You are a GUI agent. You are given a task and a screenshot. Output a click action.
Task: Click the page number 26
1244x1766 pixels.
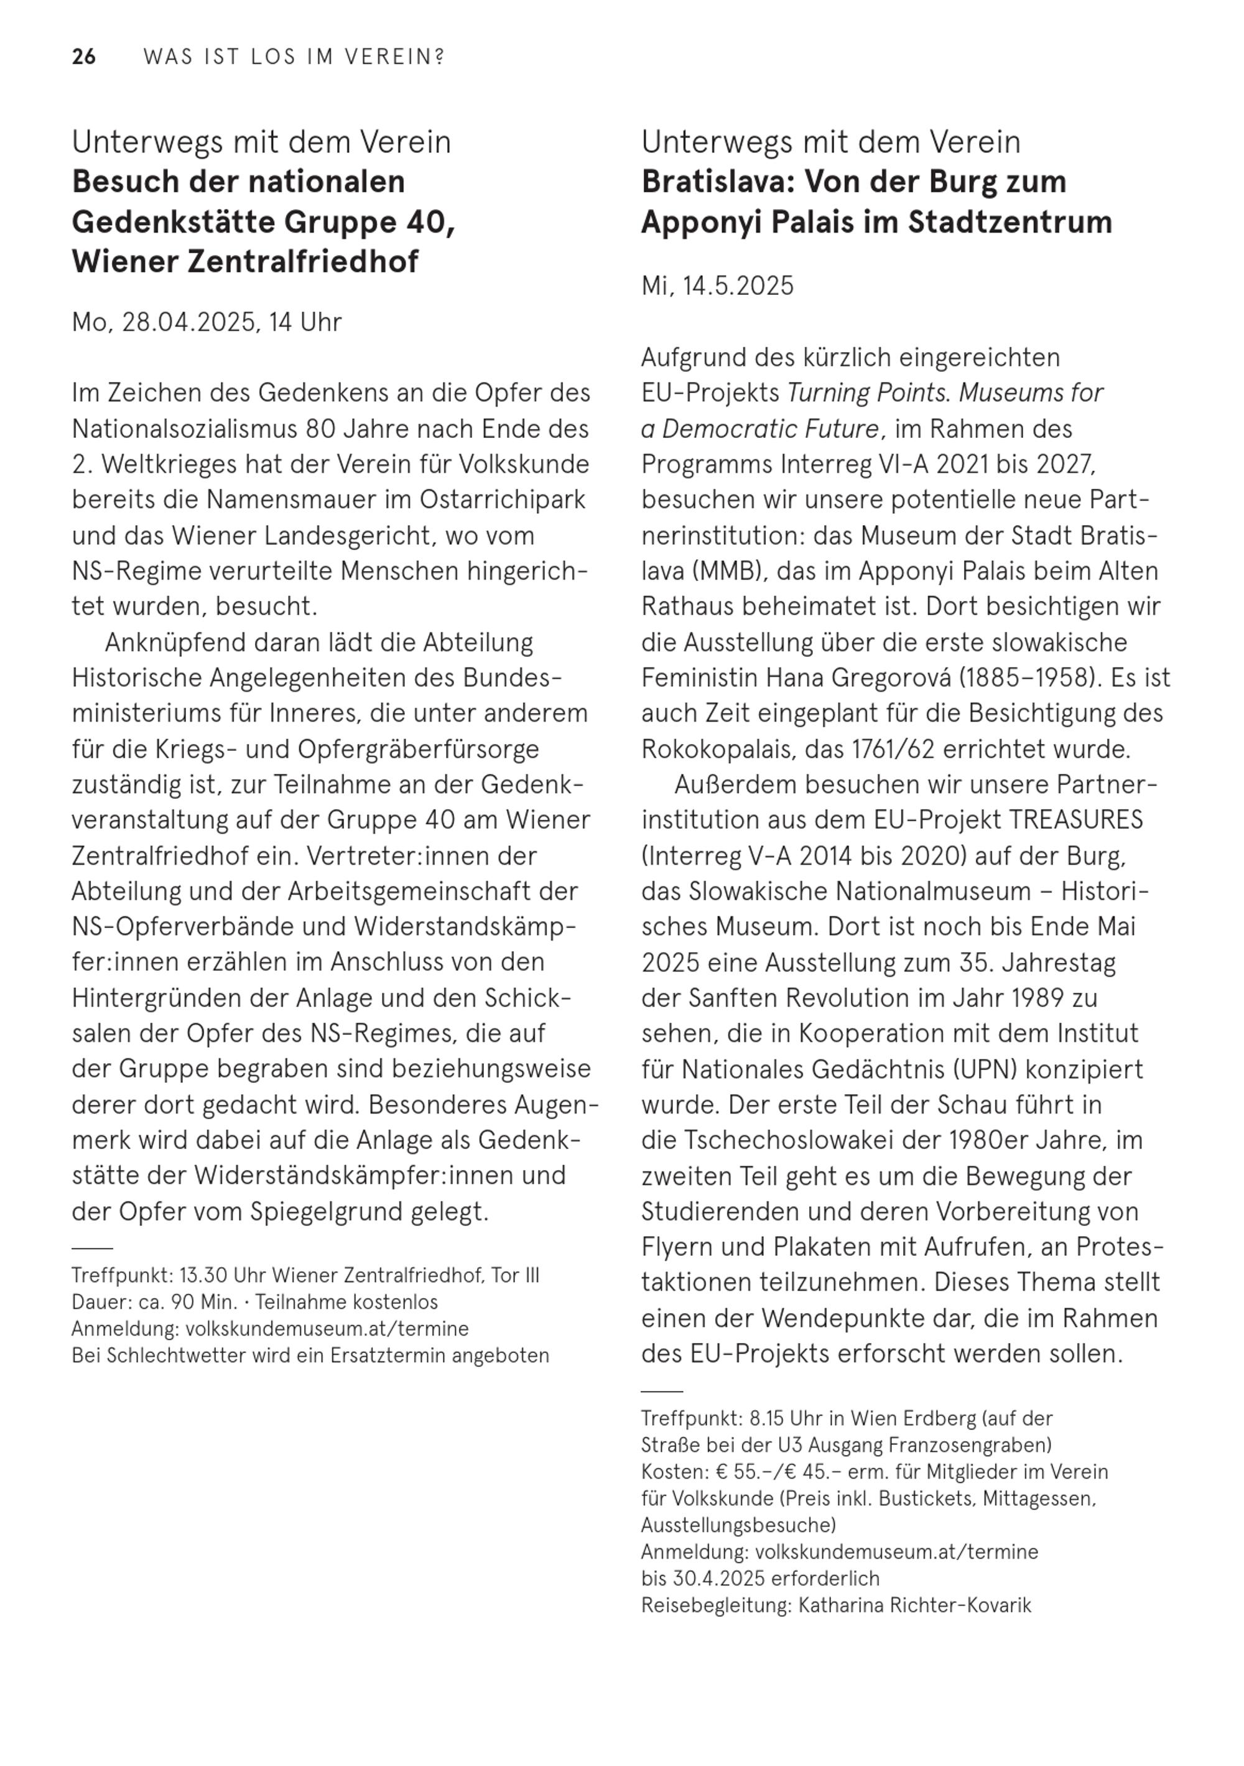click(84, 57)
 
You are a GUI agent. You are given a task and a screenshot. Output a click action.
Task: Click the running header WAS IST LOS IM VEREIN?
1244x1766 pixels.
click(294, 57)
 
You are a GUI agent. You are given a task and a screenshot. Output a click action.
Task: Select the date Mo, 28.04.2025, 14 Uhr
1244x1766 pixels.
click(206, 322)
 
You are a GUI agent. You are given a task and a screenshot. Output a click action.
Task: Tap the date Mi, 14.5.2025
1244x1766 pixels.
click(717, 286)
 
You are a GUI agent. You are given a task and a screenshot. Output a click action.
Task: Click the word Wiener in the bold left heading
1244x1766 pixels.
click(123, 261)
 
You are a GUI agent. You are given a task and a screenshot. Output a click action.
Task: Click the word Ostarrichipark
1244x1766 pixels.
click(503, 500)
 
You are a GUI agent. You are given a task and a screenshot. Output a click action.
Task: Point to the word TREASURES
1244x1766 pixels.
click(1075, 820)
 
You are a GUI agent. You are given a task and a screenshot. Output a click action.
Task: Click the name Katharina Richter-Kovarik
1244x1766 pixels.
click(914, 1606)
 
